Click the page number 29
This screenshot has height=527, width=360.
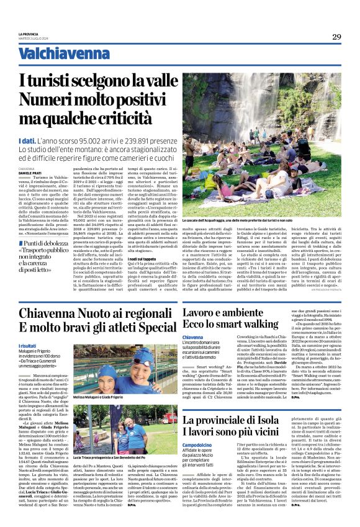(336, 37)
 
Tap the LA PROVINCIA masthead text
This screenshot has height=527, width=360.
(29, 34)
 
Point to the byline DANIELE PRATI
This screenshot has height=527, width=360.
(31, 172)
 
